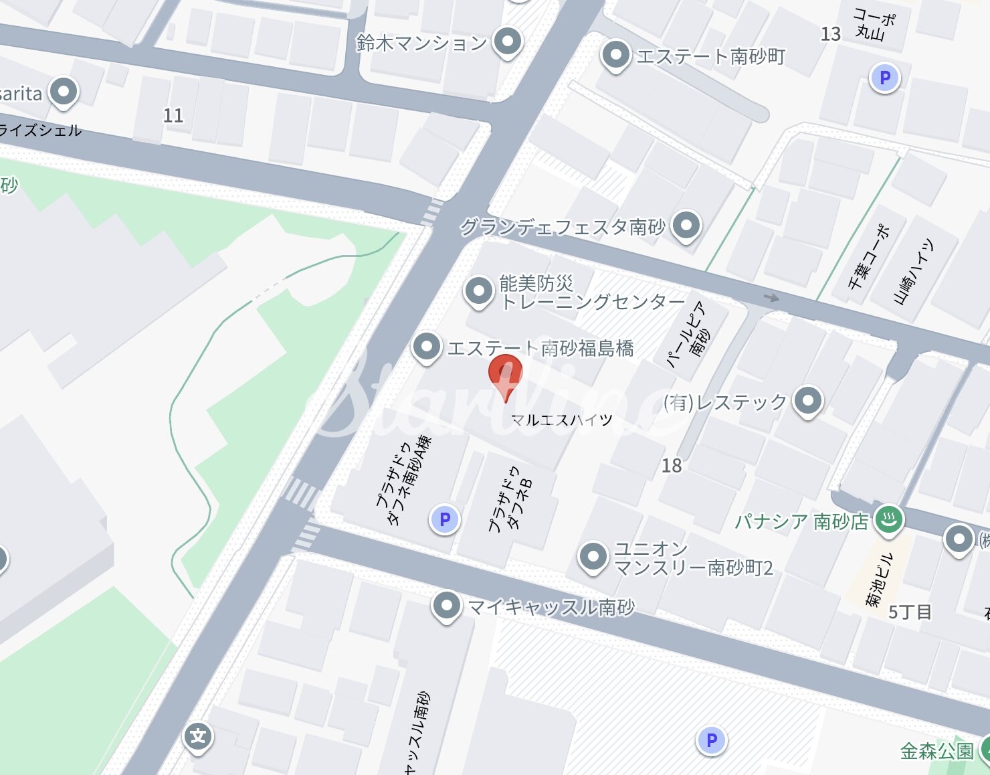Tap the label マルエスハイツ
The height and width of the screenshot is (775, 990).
coord(561,420)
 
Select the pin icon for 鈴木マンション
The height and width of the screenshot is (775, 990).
coord(508,42)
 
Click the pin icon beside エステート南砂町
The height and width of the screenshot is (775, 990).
coord(615,56)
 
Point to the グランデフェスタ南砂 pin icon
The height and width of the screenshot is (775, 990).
coord(686,226)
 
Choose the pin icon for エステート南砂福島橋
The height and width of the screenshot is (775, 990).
coord(427,347)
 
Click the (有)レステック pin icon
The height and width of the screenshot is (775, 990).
coord(807,402)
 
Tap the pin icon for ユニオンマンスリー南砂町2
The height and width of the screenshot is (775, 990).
coord(593,557)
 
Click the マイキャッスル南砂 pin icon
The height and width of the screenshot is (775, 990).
coord(446,606)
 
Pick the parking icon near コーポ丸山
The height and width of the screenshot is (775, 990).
coord(884,78)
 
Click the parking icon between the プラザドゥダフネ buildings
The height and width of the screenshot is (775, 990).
coord(445,519)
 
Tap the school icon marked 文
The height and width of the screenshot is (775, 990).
coord(198,737)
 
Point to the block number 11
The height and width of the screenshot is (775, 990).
coord(173,116)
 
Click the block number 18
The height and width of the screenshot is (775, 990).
coord(672,466)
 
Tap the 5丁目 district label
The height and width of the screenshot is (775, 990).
coord(910,612)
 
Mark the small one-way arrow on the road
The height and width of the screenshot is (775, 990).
coord(771,297)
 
